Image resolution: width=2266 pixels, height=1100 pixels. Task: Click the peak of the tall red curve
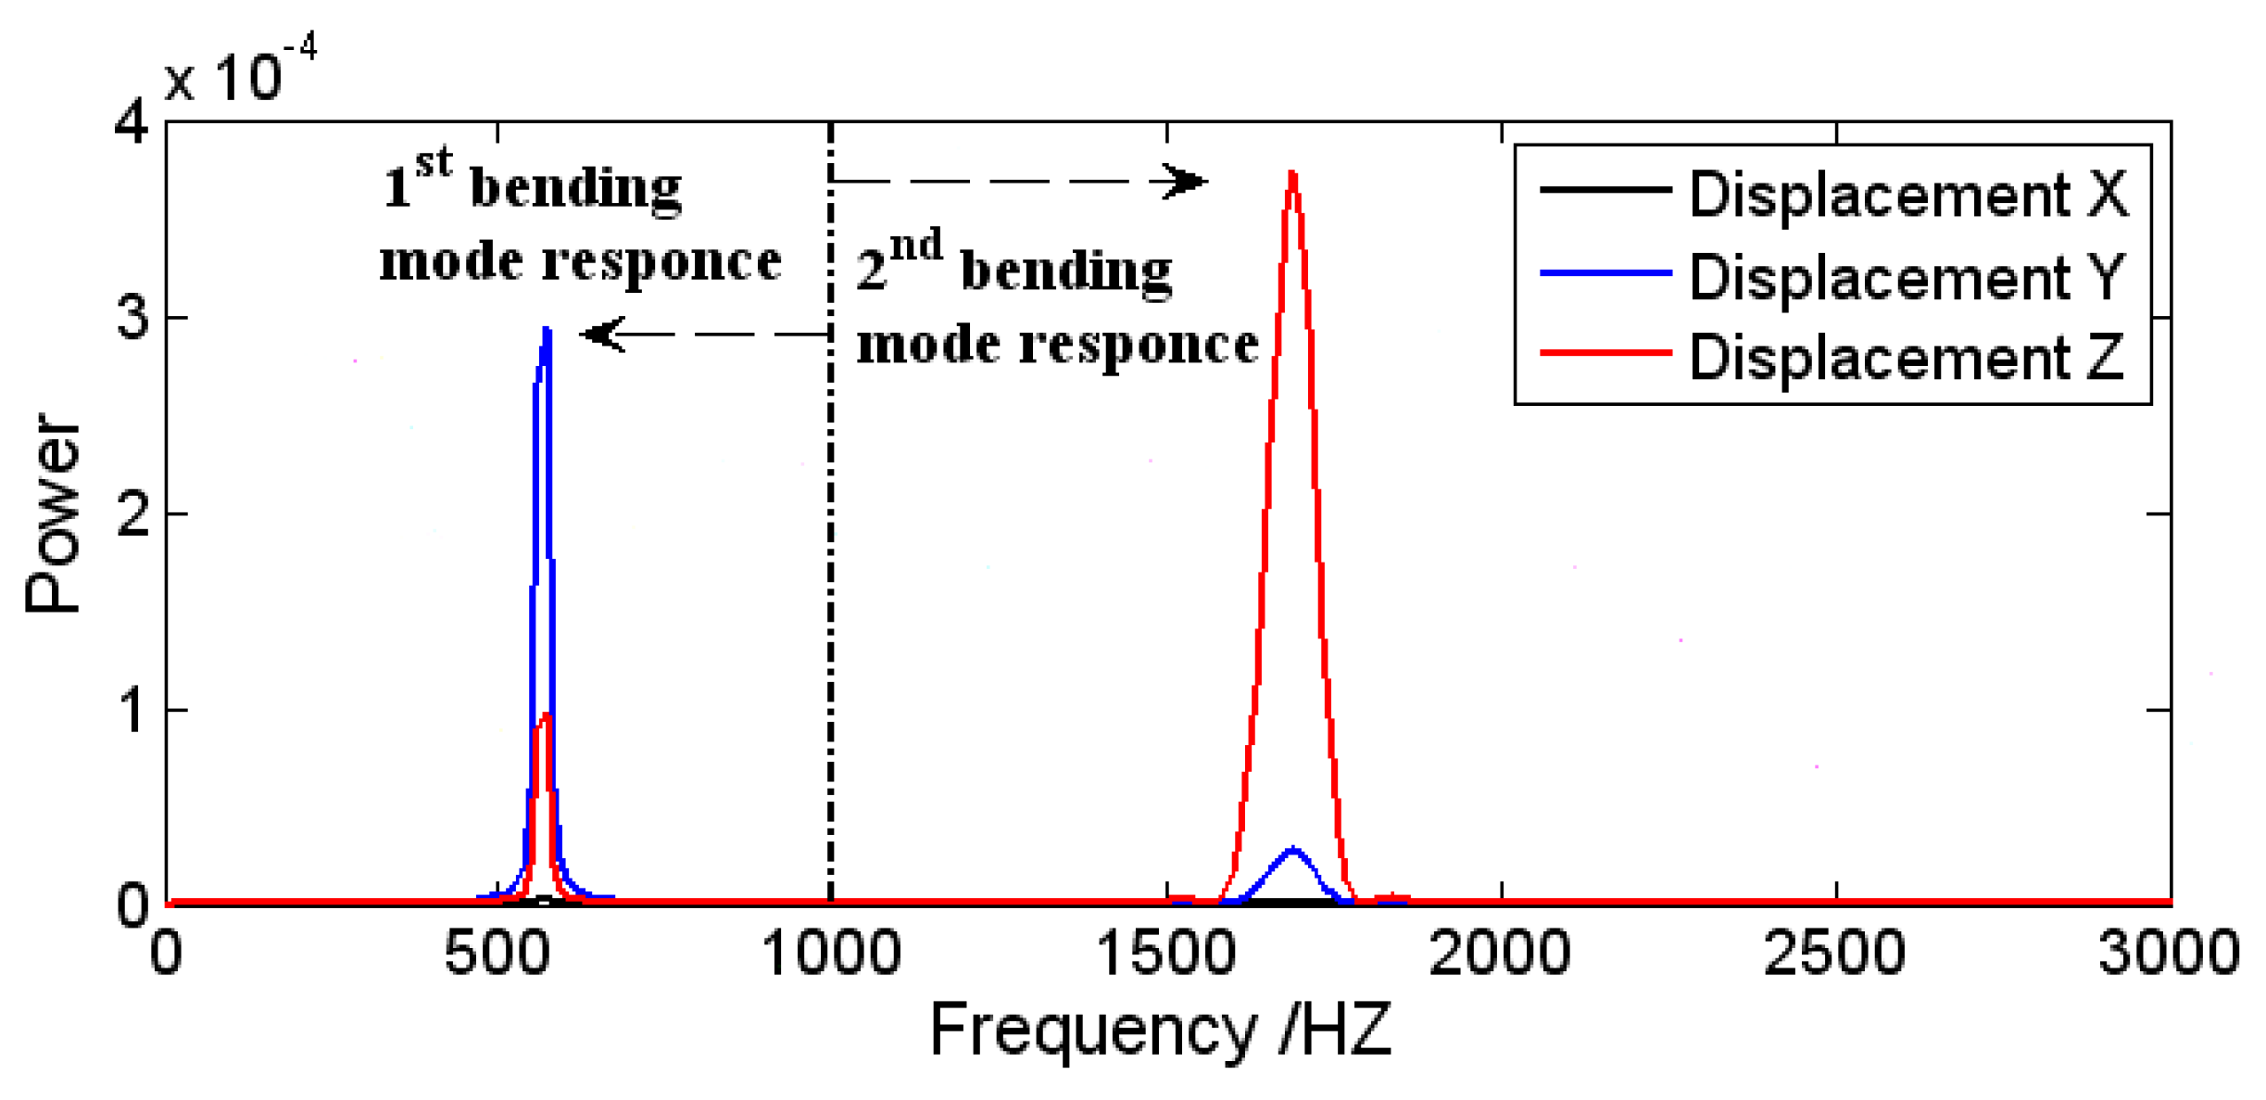(1292, 174)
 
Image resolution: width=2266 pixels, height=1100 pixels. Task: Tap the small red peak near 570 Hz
(546, 714)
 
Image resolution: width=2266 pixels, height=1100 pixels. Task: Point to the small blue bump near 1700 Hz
(1293, 849)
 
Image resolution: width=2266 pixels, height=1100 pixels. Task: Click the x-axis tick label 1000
(831, 953)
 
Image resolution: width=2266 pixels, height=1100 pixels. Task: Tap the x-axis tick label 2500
(1834, 953)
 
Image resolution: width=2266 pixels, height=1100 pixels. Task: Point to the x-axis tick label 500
(497, 953)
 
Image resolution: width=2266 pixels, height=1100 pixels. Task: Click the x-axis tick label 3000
(2168, 953)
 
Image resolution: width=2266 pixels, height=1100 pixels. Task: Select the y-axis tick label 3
(132, 317)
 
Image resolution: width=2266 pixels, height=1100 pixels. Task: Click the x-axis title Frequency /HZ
(1161, 1030)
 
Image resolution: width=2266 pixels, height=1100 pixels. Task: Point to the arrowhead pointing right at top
(1186, 181)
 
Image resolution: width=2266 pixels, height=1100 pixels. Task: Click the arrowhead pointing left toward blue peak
(602, 334)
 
